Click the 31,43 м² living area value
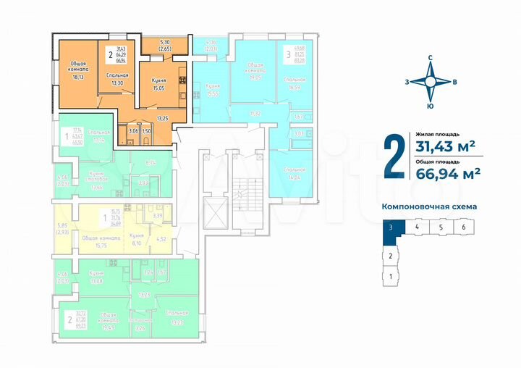(444, 146)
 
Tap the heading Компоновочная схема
(429, 206)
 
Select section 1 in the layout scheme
(391, 276)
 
